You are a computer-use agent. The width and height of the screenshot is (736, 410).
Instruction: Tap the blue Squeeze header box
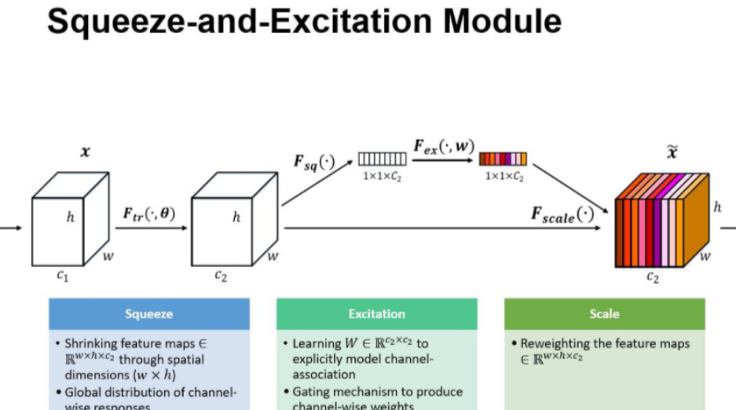pyautogui.click(x=149, y=313)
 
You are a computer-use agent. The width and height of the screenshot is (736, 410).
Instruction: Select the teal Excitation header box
pyautogui.click(x=376, y=313)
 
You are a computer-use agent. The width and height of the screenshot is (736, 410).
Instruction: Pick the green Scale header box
pyautogui.click(x=604, y=313)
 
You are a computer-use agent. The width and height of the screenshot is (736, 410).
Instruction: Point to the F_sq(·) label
pyautogui.click(x=313, y=163)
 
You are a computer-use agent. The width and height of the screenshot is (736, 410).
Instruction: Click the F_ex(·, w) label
pyautogui.click(x=444, y=145)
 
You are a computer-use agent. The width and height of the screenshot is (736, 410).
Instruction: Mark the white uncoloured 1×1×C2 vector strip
pyautogui.click(x=383, y=159)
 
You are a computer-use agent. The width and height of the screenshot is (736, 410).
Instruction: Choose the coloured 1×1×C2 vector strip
pyautogui.click(x=503, y=159)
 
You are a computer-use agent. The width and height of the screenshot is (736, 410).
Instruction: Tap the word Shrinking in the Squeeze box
pyautogui.click(x=93, y=344)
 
